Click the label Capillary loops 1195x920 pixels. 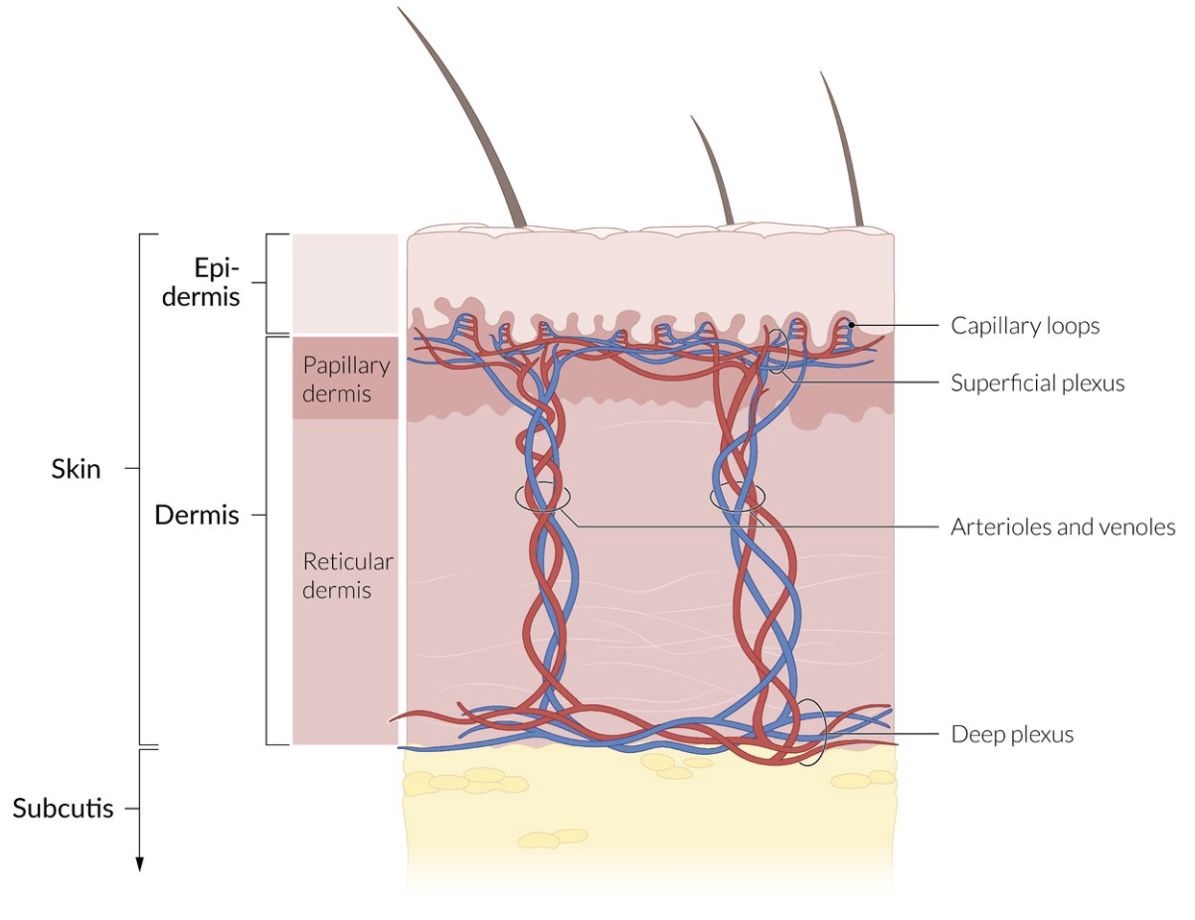[1025, 326]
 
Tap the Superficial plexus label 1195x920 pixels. [1037, 383]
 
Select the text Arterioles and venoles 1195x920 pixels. [1063, 527]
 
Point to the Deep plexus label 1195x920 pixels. [1012, 735]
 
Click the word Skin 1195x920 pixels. [76, 469]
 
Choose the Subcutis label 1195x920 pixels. [63, 808]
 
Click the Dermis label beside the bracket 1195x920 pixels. [197, 516]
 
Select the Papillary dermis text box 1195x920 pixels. [345, 379]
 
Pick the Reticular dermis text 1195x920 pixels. [347, 575]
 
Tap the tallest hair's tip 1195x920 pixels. [400, 9]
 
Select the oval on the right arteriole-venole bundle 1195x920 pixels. [738, 497]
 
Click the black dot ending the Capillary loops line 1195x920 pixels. [853, 325]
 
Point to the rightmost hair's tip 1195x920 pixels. [822, 74]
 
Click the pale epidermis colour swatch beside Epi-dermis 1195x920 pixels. [344, 283]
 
